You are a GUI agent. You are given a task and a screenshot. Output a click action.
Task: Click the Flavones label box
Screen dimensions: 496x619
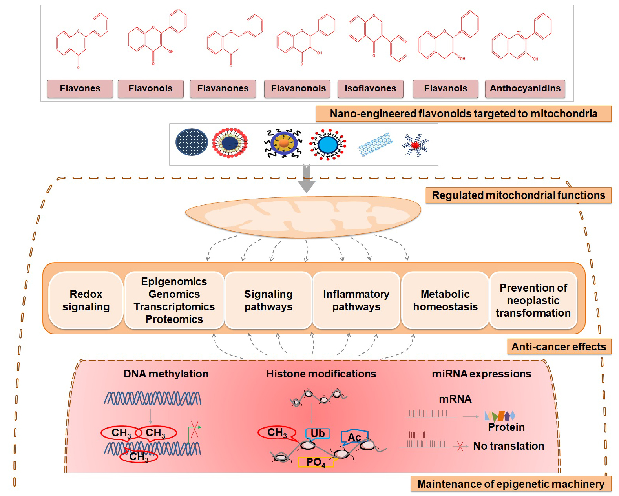click(80, 89)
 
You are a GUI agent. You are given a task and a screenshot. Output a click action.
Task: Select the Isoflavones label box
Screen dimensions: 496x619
click(370, 89)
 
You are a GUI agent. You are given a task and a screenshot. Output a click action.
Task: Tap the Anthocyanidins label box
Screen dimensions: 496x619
click(525, 89)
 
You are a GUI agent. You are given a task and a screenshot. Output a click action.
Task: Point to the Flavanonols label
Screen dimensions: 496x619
click(298, 89)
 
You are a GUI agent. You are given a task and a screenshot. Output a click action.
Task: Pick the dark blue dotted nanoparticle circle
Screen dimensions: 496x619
click(192, 144)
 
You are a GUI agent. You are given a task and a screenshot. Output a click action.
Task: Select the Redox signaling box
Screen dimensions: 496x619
click(86, 300)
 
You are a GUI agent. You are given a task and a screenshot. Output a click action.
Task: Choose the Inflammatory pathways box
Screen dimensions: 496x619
click(356, 300)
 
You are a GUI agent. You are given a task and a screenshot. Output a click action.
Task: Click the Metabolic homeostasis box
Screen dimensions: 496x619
click(445, 300)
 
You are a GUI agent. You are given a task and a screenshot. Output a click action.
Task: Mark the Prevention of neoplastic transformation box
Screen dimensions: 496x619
click(533, 300)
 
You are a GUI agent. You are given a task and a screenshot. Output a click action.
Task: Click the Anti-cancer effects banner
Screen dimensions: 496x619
click(559, 347)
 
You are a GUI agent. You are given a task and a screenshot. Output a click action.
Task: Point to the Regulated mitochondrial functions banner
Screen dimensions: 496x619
click(518, 195)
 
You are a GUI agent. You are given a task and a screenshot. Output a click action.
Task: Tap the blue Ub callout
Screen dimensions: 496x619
click(318, 433)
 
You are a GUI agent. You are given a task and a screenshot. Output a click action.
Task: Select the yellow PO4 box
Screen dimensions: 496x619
click(316, 462)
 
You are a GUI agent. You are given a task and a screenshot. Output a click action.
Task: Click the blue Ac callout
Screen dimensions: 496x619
click(354, 437)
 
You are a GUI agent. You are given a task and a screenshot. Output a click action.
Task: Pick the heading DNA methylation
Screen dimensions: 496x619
click(166, 374)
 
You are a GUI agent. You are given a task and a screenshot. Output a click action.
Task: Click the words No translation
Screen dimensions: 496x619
click(508, 446)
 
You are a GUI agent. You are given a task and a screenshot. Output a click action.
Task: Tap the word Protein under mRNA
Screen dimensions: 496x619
click(506, 427)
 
